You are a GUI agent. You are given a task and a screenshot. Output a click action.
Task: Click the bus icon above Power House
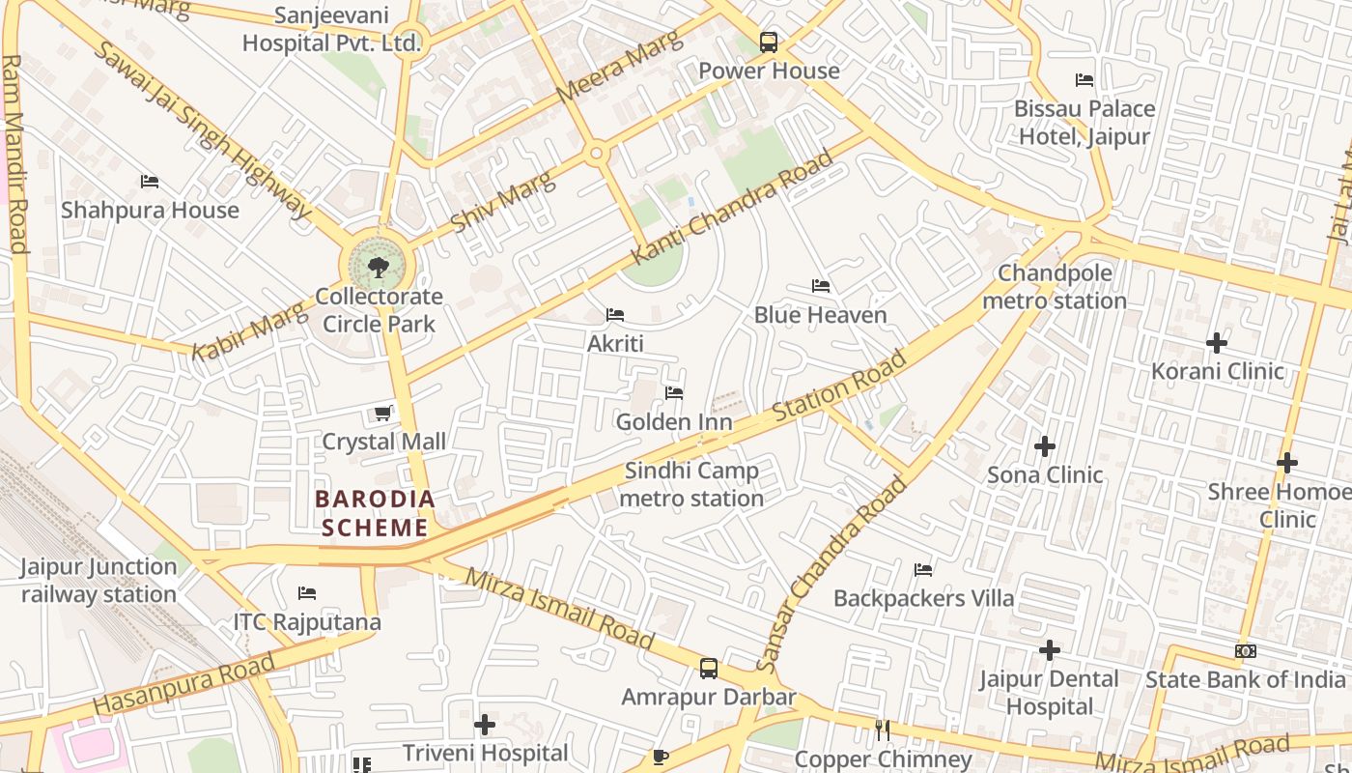769,43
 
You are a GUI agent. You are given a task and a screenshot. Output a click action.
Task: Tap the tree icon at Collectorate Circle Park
378,266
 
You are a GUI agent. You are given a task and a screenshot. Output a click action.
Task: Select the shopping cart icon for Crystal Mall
382,414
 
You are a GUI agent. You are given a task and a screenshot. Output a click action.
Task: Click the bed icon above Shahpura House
149,182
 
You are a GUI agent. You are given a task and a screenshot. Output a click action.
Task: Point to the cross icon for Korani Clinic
1217,343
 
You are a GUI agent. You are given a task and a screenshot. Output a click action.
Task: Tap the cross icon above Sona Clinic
1044,446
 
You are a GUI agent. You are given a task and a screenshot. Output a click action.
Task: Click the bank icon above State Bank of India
1246,651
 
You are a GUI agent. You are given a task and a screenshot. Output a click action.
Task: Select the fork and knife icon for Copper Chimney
882,730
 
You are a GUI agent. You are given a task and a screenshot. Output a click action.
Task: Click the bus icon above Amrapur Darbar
709,669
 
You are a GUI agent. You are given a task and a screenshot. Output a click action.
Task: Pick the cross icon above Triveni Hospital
485,725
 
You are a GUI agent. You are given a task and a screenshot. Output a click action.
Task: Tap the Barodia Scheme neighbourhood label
376,513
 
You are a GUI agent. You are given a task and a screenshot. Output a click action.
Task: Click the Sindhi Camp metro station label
691,485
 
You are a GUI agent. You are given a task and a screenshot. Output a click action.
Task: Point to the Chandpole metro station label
1055,287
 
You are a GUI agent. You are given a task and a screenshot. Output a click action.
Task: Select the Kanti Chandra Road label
732,209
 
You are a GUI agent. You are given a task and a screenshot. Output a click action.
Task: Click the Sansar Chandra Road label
832,574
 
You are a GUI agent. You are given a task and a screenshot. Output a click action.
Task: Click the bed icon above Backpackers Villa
923,570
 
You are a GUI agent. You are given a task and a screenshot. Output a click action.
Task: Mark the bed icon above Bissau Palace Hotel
1084,80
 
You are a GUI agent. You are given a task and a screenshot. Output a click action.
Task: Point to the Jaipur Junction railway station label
99,581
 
